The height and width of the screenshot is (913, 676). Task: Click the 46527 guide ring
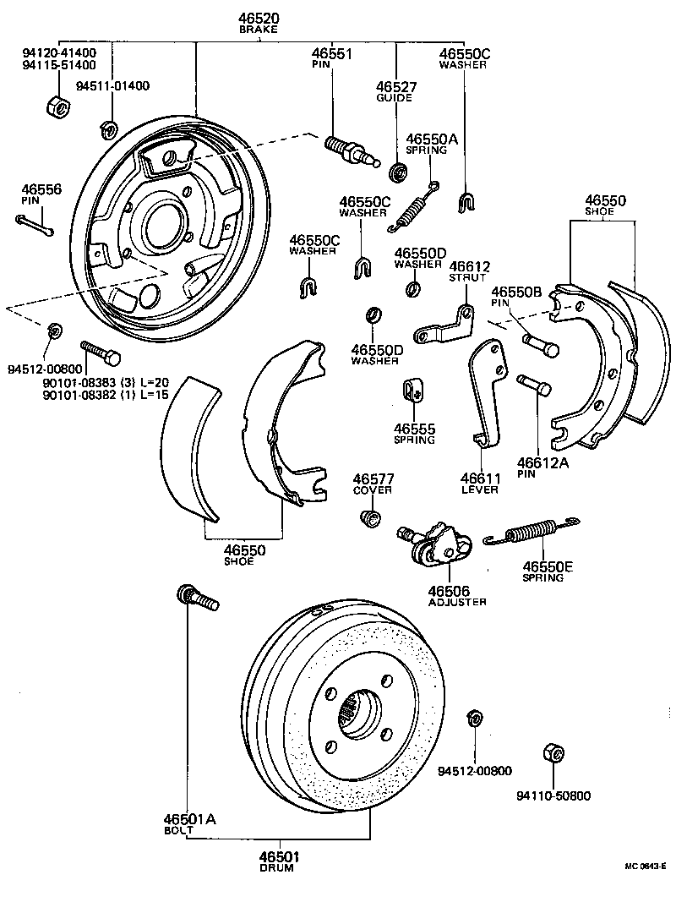tap(395, 174)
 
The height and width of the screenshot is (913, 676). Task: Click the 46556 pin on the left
tap(34, 224)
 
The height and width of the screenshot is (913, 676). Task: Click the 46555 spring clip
tap(412, 390)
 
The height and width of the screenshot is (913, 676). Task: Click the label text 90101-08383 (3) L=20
tap(114, 382)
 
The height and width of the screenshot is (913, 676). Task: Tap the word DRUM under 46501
tap(277, 868)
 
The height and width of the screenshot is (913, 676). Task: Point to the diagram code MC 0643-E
tap(645, 867)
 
